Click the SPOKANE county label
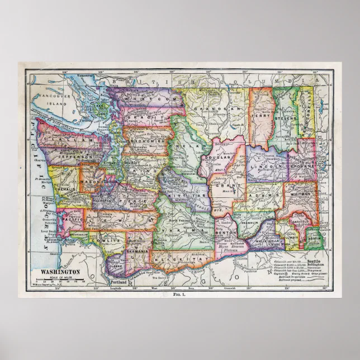tap(302, 167)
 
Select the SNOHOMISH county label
tap(149, 142)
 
